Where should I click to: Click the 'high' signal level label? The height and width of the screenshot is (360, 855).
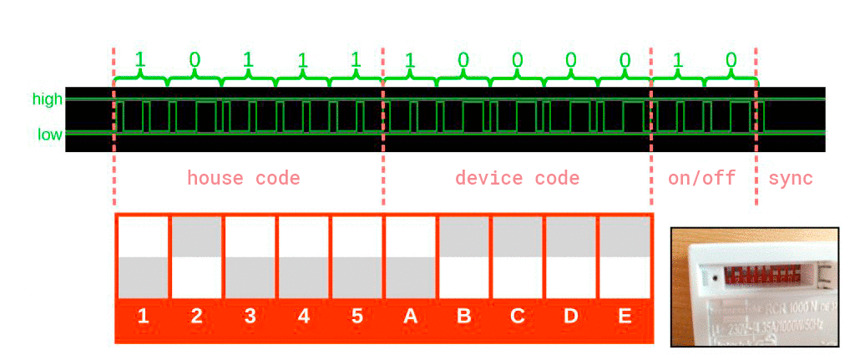point(48,99)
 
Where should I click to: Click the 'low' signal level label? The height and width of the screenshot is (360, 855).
point(49,134)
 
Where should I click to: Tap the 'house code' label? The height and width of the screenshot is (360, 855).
point(243,178)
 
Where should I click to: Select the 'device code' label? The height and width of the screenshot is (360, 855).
point(517,178)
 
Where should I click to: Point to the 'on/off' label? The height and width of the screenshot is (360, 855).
point(701,178)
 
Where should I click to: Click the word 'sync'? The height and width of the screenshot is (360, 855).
point(791,178)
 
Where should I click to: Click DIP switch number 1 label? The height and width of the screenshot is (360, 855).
point(143,317)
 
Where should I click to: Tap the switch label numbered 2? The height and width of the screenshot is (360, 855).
point(196,317)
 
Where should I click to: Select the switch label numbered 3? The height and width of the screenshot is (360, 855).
point(250,317)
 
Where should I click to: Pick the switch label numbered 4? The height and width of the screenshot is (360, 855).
point(303,317)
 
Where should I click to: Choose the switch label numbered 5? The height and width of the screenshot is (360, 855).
point(357,317)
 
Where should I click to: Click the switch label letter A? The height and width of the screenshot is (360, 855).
point(410,317)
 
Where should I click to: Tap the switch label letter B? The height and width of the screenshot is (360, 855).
point(463,317)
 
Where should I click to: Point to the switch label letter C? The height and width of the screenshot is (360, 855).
point(517,317)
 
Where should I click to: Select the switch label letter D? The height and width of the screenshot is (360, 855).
point(570,317)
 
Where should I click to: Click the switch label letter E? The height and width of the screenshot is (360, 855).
point(624,317)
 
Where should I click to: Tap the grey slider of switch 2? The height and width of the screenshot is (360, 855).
point(196,236)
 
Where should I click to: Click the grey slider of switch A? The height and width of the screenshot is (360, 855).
point(410,276)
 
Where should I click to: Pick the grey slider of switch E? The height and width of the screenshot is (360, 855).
point(624,236)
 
